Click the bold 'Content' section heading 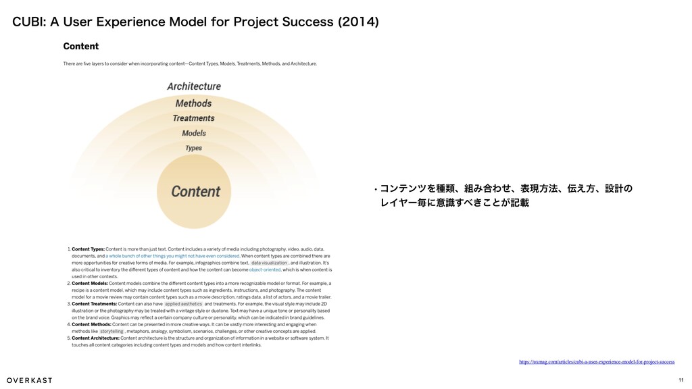pos(80,47)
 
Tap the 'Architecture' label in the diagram pos(194,86)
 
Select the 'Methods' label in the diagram pos(193,103)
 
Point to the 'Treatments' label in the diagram pos(193,118)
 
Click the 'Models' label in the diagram pos(194,133)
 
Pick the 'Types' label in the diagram pos(194,148)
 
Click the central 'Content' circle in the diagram pos(195,191)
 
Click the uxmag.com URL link pos(596,362)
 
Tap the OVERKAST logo pos(30,380)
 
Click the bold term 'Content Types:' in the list pos(88,250)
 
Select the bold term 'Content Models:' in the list pos(89,284)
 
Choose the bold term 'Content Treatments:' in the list pos(94,304)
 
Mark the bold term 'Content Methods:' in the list pos(91,324)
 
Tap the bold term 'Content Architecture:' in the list pos(95,338)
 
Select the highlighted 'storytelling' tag pos(112,332)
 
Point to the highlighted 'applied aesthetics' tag pos(183,304)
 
